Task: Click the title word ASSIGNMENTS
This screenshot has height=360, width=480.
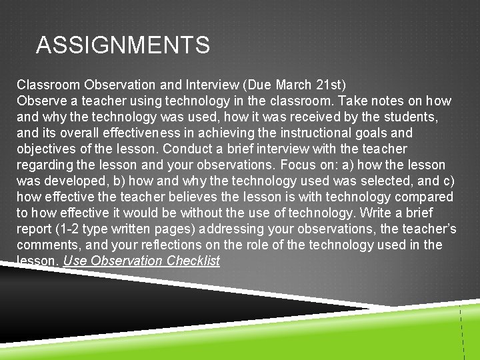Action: tap(123, 45)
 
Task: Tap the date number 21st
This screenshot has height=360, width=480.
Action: tap(328, 85)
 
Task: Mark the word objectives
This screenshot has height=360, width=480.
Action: tap(49, 149)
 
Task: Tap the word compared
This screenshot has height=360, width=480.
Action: tap(425, 197)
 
